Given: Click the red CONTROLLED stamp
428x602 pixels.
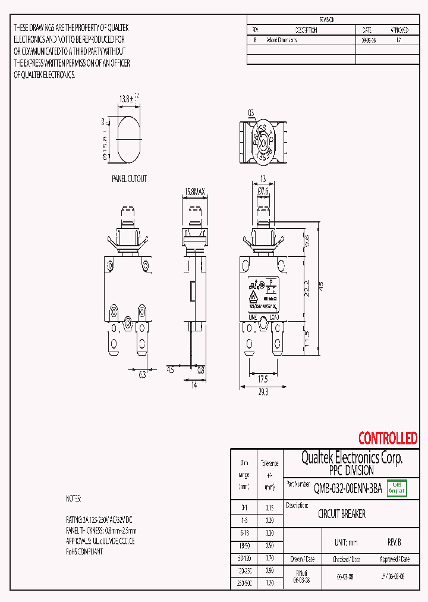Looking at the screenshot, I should (388, 438).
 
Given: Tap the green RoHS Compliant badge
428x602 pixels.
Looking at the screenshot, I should (396, 488).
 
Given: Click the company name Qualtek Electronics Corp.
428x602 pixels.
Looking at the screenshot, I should (352, 457).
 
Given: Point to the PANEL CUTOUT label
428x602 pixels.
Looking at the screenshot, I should (129, 178).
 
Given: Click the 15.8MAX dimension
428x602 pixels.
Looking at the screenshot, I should (195, 192).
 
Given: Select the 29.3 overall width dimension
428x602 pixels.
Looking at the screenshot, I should (263, 392).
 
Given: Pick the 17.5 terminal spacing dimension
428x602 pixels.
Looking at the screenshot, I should (262, 378).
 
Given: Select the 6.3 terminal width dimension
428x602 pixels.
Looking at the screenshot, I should (142, 375).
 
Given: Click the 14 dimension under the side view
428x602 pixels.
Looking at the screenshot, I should (193, 385).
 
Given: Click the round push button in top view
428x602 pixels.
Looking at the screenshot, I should (262, 143).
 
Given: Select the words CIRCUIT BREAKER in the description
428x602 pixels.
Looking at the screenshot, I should (342, 514).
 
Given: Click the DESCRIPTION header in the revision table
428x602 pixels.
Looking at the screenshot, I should (306, 30).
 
